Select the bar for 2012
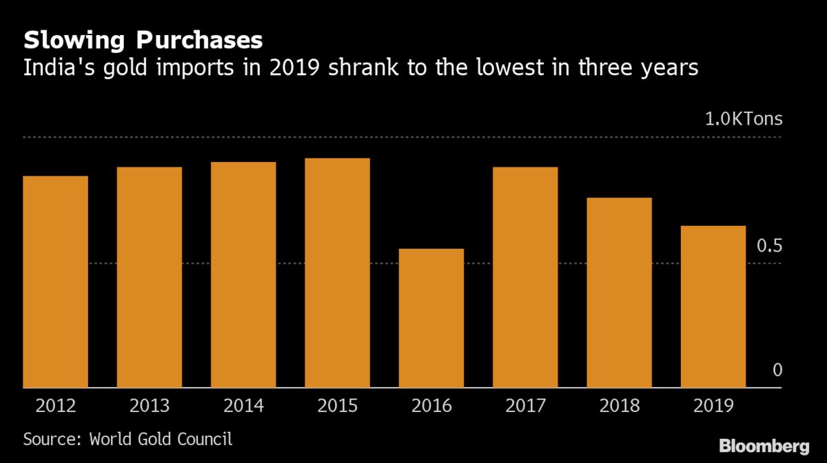[x=55, y=282]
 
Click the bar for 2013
[x=149, y=277]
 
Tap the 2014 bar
[x=243, y=275]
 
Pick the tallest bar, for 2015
[x=337, y=273]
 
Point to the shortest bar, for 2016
[x=431, y=318]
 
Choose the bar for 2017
[x=525, y=277]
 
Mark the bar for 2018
[x=620, y=293]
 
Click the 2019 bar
[x=713, y=307]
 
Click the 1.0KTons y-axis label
[x=743, y=119]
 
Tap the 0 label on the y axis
[x=777, y=371]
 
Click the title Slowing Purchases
[x=143, y=40]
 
